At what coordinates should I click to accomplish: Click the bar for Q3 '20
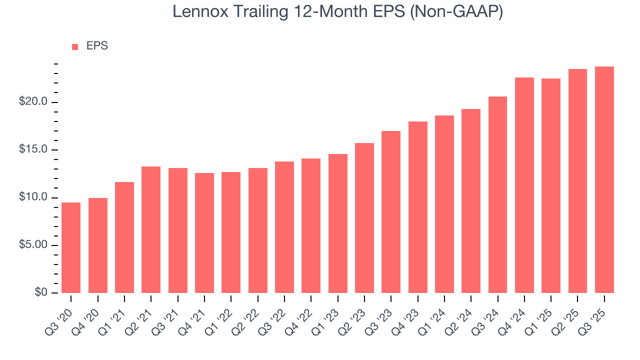pos(71,247)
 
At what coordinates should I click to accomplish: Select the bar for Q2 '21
pos(151,229)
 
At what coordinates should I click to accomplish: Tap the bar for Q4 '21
pos(204,233)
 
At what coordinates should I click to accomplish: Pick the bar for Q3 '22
pos(284,227)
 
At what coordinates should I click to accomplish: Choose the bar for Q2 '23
pos(364,218)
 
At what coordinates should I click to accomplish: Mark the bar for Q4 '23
pos(418,207)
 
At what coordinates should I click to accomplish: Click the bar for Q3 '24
pos(497,194)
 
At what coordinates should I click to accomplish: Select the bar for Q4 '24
pos(524,185)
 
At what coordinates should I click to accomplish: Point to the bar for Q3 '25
pos(604,179)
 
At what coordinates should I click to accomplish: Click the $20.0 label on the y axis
pos(33,102)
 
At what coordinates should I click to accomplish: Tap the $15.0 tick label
pos(33,150)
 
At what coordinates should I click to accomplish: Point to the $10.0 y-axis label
pos(33,197)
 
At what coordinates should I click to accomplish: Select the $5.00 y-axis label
pos(33,245)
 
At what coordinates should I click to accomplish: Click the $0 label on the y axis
pos(40,292)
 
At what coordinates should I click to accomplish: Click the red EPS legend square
pos(75,46)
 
